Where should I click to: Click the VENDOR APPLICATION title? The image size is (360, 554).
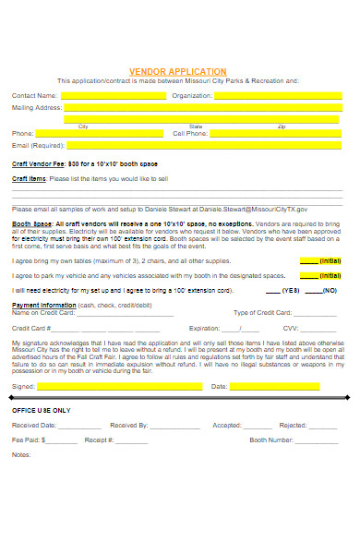point(177,71)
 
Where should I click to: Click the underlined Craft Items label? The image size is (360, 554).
point(29,178)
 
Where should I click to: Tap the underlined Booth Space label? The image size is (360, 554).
point(30,223)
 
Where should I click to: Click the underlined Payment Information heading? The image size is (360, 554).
point(43,304)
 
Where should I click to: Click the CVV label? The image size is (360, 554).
point(291,328)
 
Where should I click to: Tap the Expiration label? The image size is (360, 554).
point(204,328)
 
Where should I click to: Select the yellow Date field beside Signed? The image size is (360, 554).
point(287,386)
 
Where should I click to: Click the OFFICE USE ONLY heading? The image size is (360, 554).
point(41,408)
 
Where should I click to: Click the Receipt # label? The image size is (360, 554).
point(99,440)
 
